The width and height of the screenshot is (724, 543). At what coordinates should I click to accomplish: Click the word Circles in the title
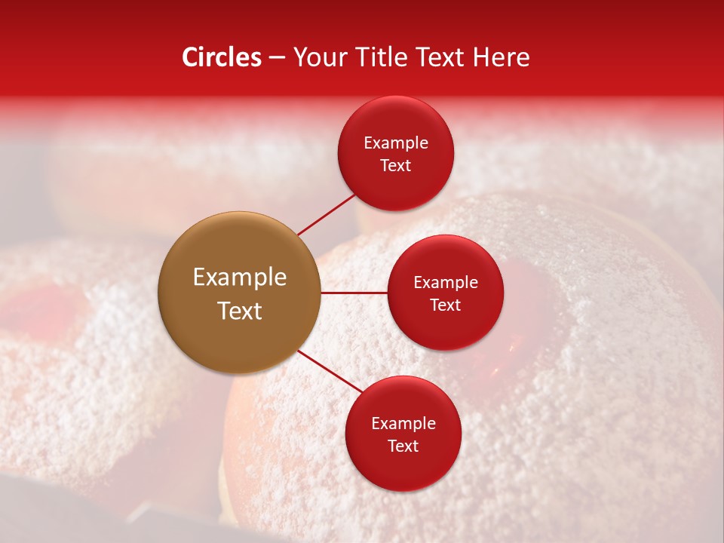[x=221, y=57]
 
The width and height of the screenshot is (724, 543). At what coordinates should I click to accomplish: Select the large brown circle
[x=239, y=293]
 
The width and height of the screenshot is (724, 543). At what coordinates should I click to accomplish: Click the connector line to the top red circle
[x=326, y=214]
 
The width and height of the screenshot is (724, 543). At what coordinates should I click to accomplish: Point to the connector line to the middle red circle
[x=354, y=293]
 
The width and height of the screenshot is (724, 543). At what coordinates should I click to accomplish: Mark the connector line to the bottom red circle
[x=329, y=371]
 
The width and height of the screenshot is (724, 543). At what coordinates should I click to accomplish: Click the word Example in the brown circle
[x=239, y=278]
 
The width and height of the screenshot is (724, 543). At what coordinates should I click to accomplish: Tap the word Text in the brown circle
[x=239, y=311]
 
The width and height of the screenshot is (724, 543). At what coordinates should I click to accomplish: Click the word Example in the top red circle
[x=395, y=143]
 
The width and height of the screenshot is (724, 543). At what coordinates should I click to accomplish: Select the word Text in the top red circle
[x=395, y=165]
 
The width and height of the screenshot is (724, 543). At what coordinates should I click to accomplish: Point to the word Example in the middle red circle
[x=445, y=283]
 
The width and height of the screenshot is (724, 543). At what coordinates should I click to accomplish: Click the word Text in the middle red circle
[x=445, y=305]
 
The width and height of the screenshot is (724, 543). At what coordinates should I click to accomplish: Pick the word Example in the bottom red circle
[x=403, y=424]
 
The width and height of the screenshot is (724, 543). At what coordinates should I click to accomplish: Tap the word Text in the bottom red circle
[x=403, y=446]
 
